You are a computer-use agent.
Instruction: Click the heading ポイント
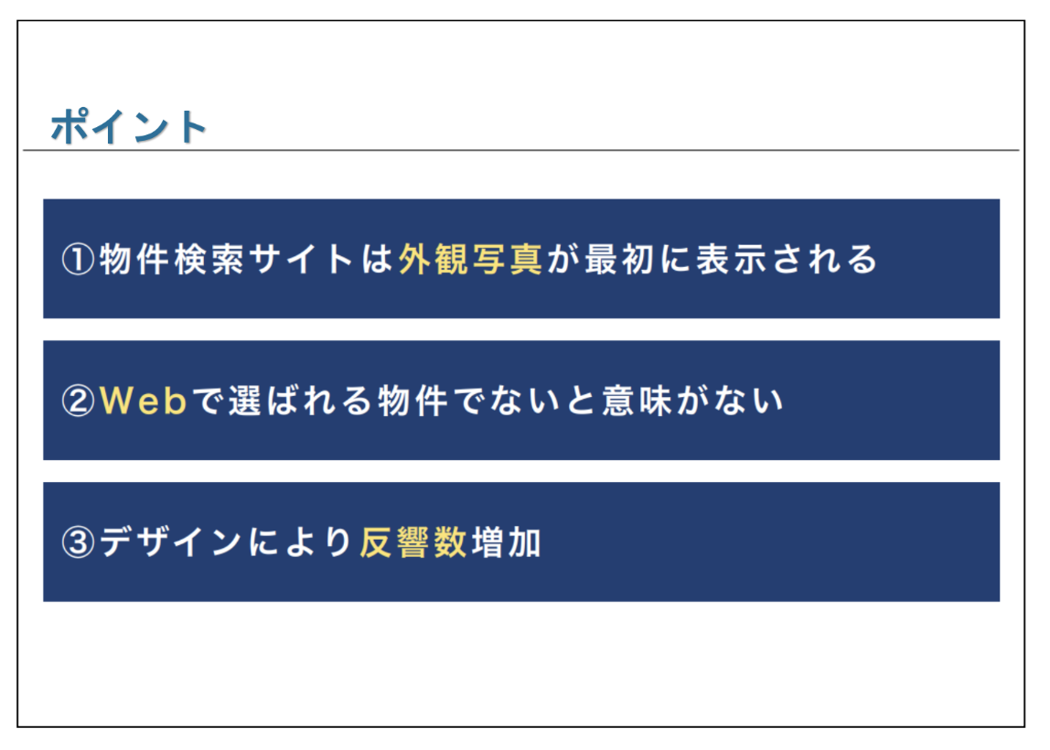pyautogui.click(x=128, y=126)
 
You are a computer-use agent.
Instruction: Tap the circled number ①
pyautogui.click(x=78, y=259)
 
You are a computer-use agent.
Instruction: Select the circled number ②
pyautogui.click(x=78, y=402)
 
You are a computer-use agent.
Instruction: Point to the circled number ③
pyautogui.click(x=78, y=542)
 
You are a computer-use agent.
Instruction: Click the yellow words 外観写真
pyautogui.click(x=470, y=259)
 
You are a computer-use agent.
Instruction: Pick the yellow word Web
pyautogui.click(x=144, y=402)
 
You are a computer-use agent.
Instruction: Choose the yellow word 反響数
pyautogui.click(x=413, y=542)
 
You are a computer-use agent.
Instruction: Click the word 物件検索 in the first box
pyautogui.click(x=172, y=259)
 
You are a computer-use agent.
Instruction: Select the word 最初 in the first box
pyautogui.click(x=619, y=259)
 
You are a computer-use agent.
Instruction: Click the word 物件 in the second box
pyautogui.click(x=412, y=402)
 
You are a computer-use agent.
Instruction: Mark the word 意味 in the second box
pyautogui.click(x=637, y=402)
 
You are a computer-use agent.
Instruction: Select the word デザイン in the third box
pyautogui.click(x=171, y=542)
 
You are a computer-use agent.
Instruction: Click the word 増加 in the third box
pyautogui.click(x=507, y=542)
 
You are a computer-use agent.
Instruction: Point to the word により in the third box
pyautogui.click(x=301, y=542)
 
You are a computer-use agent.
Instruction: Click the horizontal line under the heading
pyautogui.click(x=521, y=150)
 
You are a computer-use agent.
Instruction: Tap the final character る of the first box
pyautogui.click(x=862, y=259)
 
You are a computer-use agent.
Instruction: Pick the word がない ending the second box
pyautogui.click(x=731, y=402)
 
